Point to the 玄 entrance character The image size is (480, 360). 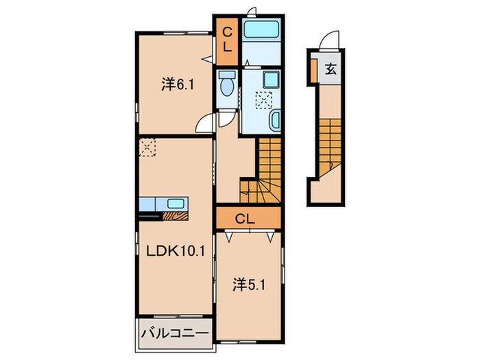tap(331, 69)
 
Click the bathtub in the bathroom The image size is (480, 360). tap(262, 31)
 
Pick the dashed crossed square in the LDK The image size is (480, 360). tap(147, 147)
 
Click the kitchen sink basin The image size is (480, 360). tap(176, 204)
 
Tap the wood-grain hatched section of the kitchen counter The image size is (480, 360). tap(176, 216)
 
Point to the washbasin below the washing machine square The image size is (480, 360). tap(274, 122)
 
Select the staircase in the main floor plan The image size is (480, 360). tap(264, 171)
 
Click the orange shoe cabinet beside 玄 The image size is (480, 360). tap(313, 69)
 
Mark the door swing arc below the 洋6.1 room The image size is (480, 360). tap(205, 125)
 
